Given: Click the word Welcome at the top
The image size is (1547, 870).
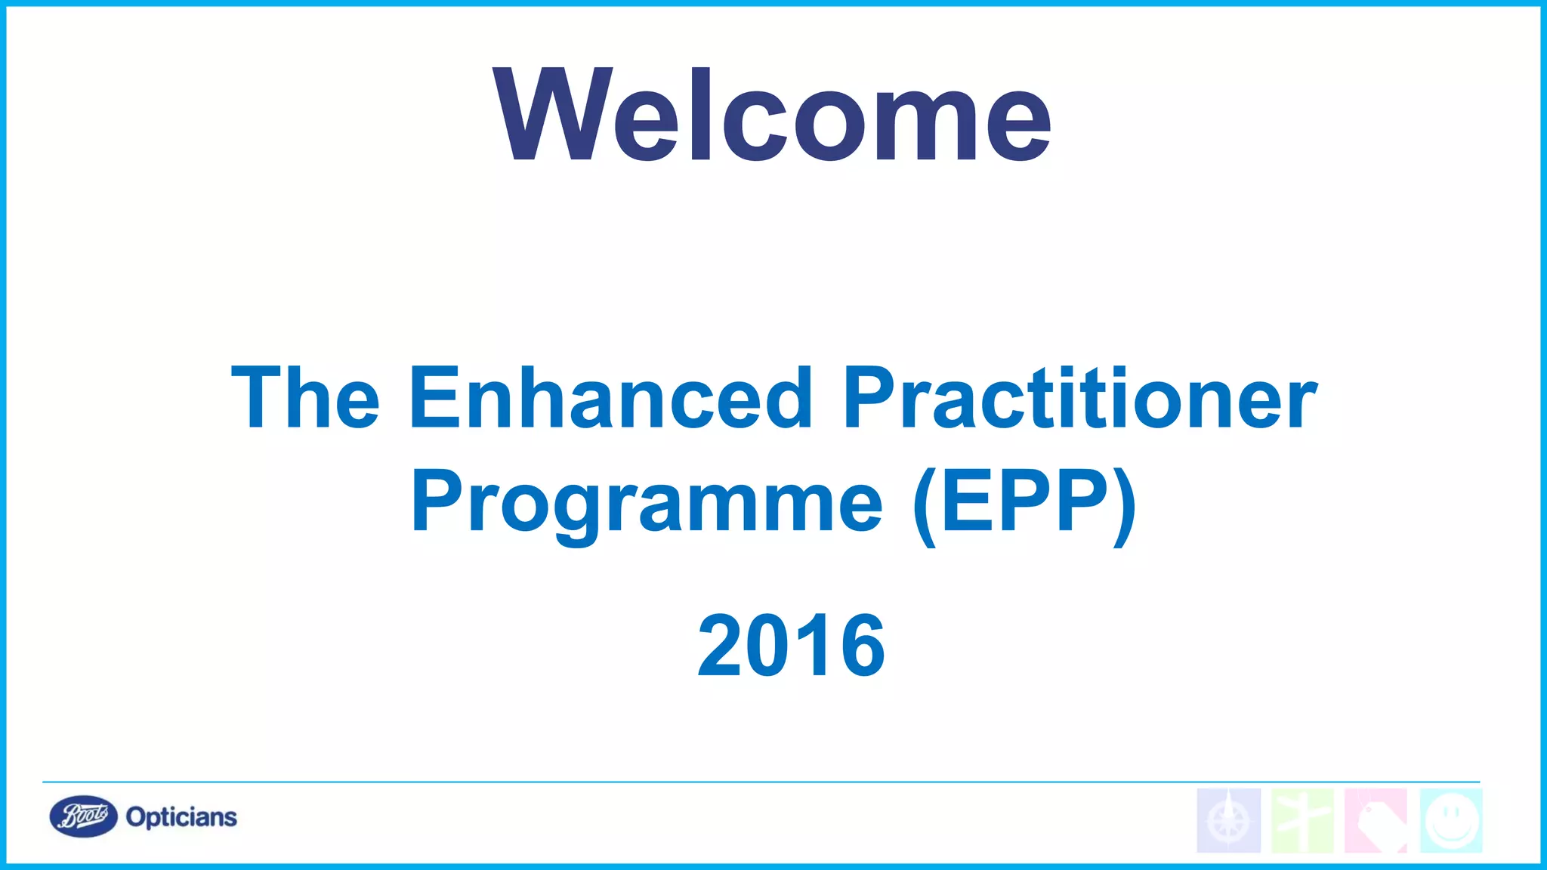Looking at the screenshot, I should tap(772, 115).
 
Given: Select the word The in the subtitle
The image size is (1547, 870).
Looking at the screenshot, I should tap(305, 398).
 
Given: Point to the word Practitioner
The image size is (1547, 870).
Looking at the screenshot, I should tap(1080, 398).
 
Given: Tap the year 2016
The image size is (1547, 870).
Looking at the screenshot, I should tap(791, 646).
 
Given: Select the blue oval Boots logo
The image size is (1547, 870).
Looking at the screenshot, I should tap(83, 816).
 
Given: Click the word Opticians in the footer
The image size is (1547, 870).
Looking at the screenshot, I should tap(181, 817).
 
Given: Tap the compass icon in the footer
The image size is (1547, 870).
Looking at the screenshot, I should tap(1229, 821).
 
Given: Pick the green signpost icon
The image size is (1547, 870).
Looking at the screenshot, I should tap(1302, 821).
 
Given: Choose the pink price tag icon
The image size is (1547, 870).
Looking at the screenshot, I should tap(1376, 821).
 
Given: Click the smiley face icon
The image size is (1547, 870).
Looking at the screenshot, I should tap(1451, 821).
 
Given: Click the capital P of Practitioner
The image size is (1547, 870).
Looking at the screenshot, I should tap(869, 398).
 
